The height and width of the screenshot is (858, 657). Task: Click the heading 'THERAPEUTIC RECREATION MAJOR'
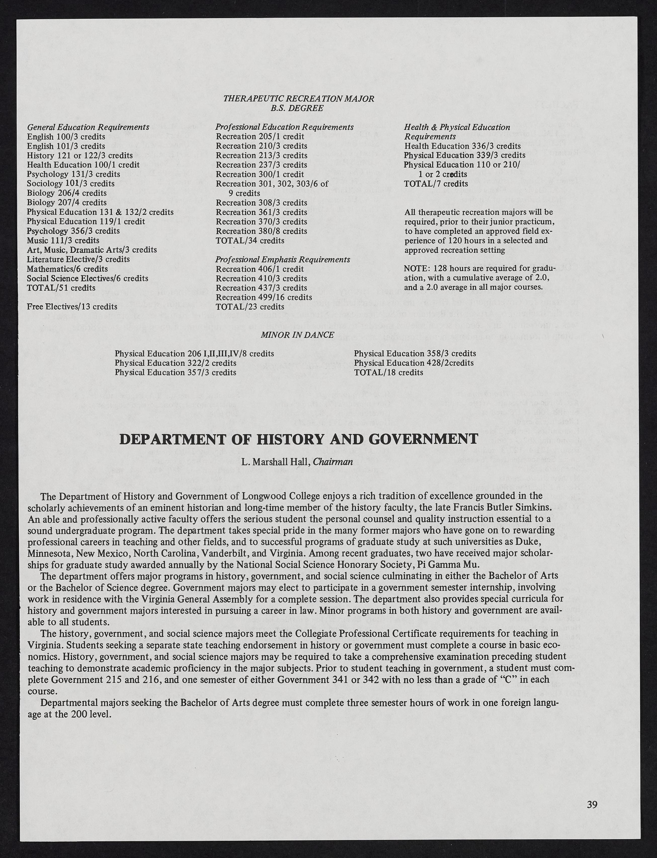pos(298,99)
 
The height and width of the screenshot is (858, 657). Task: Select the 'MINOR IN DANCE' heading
pos(297,335)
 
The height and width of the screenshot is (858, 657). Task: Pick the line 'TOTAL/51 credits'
pos(61,288)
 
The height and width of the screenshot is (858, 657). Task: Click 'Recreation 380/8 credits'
pos(261,231)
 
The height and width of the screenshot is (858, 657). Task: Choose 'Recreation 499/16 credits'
pos(264,297)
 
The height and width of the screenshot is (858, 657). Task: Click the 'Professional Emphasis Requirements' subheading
pos(282,260)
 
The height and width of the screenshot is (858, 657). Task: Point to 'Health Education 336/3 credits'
pos(462,146)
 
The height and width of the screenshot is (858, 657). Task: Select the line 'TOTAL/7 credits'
pos(436,184)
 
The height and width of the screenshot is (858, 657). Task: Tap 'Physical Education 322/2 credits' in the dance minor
pos(175,363)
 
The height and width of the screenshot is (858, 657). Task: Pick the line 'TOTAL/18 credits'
pos(388,372)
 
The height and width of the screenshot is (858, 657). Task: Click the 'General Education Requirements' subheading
pos(88,127)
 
